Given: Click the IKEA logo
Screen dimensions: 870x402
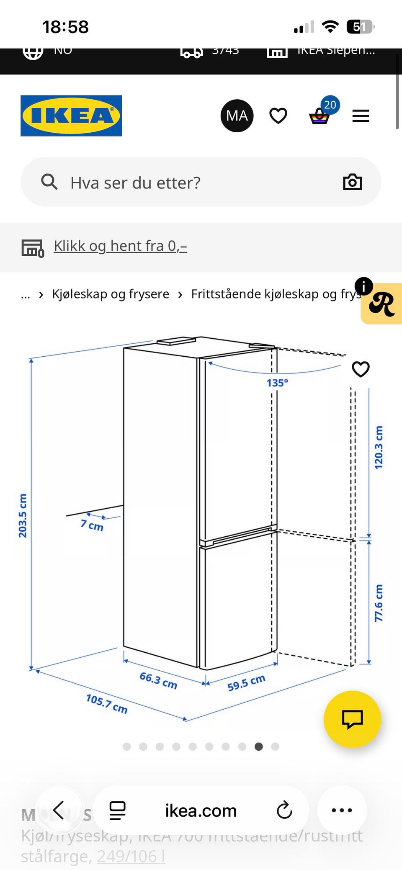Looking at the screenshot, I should click(x=71, y=116).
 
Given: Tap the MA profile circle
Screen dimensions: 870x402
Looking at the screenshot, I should click(x=237, y=116).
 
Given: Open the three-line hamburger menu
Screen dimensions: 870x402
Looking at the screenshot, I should click(x=361, y=116).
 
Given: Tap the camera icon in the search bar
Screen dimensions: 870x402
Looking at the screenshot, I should click(x=352, y=182).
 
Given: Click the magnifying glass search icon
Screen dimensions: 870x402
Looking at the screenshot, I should click(x=49, y=182).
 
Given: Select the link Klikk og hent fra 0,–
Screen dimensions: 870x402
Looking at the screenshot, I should click(x=120, y=246).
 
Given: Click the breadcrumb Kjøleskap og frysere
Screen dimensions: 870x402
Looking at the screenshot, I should click(x=111, y=294).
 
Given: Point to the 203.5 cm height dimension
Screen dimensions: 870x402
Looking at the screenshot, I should click(x=23, y=515).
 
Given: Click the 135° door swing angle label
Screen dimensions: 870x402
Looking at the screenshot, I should click(x=277, y=383).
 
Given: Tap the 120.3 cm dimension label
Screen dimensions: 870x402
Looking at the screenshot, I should click(x=379, y=448).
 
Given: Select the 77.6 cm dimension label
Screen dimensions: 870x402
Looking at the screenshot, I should click(x=379, y=603).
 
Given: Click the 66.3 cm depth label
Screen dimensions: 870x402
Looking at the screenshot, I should click(x=158, y=680).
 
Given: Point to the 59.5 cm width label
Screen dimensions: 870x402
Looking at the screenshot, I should click(x=246, y=683).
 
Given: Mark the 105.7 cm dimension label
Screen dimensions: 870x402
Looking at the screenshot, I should click(x=106, y=703).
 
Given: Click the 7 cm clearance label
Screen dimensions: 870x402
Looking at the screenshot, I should click(x=92, y=525).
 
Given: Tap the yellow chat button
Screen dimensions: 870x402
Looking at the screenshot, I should click(x=352, y=719).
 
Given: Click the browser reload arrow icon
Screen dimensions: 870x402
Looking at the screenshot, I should click(x=284, y=810).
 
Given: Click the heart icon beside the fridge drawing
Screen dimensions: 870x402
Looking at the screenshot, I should click(x=361, y=369).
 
